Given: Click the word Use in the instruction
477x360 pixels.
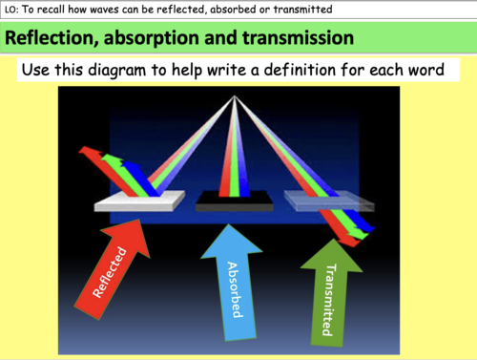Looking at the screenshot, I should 42,72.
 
